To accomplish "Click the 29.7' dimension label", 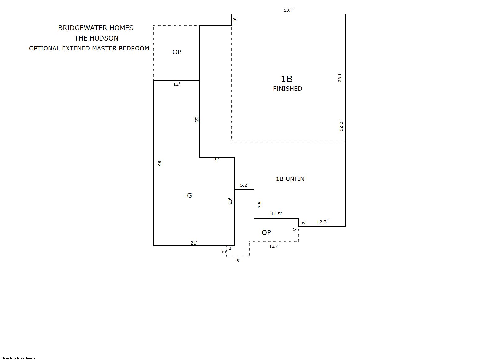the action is tap(289, 10).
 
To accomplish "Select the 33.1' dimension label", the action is tap(340, 77).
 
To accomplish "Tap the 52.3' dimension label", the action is tap(341, 126).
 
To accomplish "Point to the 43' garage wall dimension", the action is tap(160, 163).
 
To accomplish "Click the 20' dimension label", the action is tap(197, 119).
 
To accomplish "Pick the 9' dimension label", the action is tap(217, 160).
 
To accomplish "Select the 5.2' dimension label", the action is tap(244, 185).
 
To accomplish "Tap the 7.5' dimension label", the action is tap(260, 204).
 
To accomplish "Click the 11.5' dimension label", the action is tap(276, 214).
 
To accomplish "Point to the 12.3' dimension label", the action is tap(322, 222).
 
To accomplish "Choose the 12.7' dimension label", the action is tap(274, 246).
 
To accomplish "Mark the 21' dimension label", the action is tap(194, 243).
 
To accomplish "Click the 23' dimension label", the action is tap(230, 201).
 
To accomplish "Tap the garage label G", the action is tap(190, 196).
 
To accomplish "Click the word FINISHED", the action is tap(287, 89).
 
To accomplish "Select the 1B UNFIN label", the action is tap(290, 179).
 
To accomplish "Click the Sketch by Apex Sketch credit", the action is tap(18, 358).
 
